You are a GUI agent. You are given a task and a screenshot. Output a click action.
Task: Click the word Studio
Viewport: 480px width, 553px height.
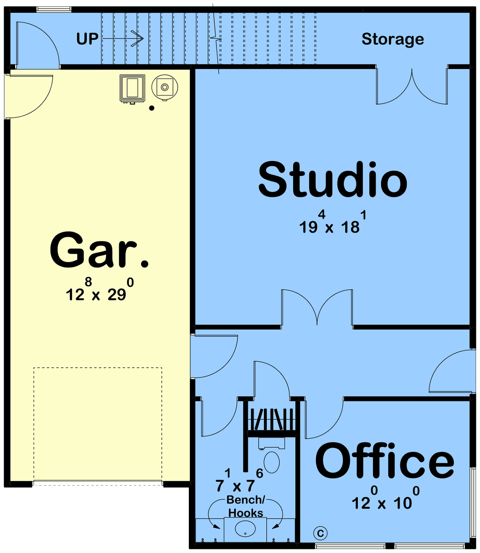(333, 179)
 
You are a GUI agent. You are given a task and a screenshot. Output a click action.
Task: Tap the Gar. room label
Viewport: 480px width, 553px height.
(99, 250)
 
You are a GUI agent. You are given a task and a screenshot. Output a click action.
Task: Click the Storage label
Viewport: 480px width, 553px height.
(393, 40)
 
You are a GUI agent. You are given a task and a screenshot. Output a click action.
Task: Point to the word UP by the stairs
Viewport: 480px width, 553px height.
(87, 39)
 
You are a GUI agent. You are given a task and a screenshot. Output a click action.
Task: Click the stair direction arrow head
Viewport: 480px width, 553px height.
(138, 38)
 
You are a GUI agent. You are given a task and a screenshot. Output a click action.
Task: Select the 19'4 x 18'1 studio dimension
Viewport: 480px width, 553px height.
(332, 222)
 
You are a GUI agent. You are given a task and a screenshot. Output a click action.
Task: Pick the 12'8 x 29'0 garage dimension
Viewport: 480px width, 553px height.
(100, 289)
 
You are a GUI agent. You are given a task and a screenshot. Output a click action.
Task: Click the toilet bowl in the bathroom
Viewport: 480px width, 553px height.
(272, 462)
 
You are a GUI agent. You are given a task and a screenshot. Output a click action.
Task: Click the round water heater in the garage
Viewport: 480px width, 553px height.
(165, 87)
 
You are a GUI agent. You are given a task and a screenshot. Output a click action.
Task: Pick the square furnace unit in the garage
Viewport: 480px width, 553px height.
(132, 89)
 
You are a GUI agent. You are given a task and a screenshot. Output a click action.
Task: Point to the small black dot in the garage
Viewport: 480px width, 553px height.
(152, 108)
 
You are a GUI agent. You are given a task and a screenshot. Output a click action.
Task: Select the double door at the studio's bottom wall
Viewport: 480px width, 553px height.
(317, 308)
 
